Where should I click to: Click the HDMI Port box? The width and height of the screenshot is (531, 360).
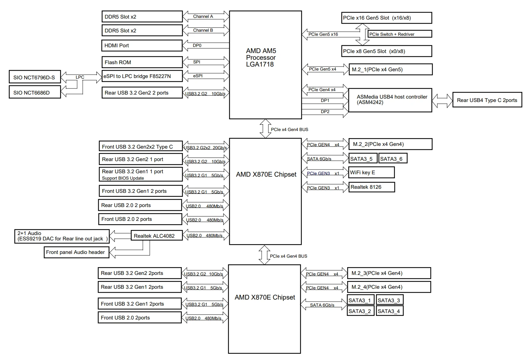point(142,46)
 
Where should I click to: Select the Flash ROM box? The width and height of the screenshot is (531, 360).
point(142,62)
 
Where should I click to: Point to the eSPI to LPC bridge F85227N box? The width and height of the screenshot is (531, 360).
point(142,76)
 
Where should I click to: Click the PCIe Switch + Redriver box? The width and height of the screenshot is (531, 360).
point(400,34)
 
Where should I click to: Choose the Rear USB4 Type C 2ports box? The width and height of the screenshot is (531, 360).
point(487,100)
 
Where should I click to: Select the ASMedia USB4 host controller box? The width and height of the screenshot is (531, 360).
point(390,100)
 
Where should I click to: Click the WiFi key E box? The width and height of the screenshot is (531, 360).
point(372,172)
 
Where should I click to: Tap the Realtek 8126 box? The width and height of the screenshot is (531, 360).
point(372,187)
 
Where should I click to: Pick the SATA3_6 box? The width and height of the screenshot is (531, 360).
point(393,158)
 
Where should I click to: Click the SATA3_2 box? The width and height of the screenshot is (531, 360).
point(360,311)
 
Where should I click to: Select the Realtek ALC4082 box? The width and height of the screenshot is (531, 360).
point(157,235)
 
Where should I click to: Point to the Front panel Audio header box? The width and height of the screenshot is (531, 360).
point(77,252)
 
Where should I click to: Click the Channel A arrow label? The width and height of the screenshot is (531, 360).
point(203,16)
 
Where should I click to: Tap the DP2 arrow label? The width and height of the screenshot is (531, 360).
point(325,112)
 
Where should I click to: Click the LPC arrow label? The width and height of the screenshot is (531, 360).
point(80,77)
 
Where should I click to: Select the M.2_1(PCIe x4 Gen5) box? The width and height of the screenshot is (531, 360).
point(391,69)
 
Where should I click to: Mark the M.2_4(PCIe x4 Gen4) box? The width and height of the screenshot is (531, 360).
point(389,287)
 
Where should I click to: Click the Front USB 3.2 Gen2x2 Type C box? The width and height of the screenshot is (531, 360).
point(141,147)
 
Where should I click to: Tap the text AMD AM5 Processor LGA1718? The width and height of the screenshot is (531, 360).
point(261,57)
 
